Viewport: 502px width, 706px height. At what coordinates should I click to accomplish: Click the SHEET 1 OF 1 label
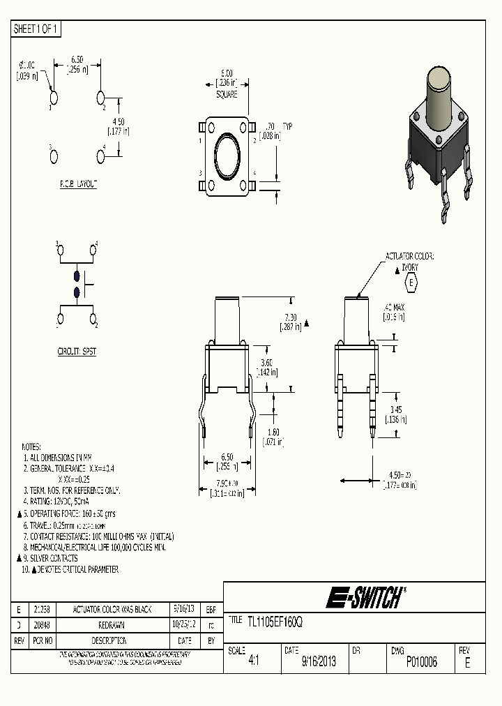click(36, 29)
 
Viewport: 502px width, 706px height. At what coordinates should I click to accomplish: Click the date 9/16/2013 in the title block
click(319, 662)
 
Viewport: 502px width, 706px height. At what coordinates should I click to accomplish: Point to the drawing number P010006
click(421, 662)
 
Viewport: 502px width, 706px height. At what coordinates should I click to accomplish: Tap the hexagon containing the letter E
click(411, 283)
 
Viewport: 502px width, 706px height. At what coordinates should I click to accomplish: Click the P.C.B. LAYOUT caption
click(78, 184)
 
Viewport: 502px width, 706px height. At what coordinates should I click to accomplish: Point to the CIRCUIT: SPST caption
click(77, 352)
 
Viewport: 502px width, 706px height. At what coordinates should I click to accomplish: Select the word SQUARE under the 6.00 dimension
click(227, 93)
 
